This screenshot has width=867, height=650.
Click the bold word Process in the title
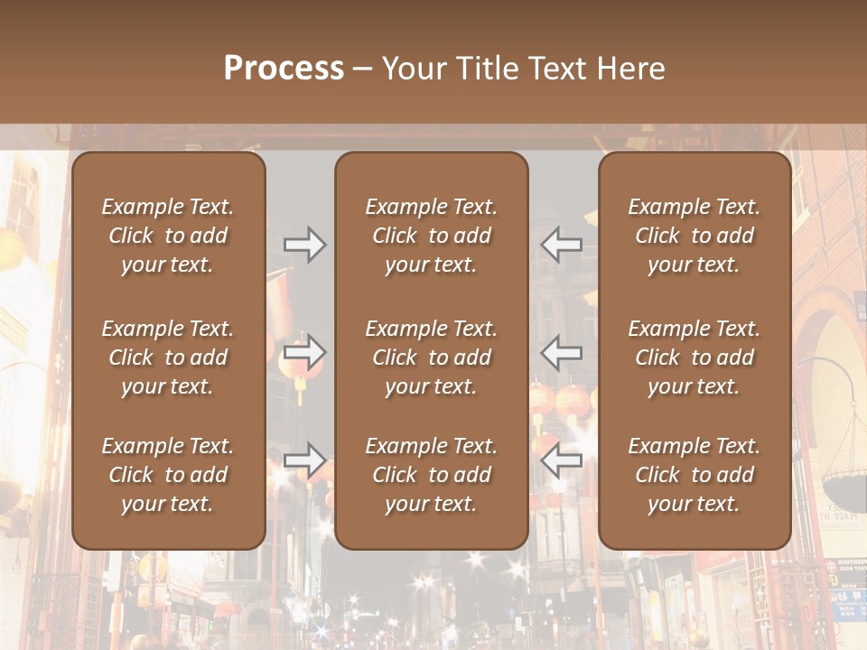pyautogui.click(x=284, y=69)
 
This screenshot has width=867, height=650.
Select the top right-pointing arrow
pyautogui.click(x=305, y=244)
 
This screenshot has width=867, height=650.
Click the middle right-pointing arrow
pyautogui.click(x=305, y=352)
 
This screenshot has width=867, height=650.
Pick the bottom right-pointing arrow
pyautogui.click(x=305, y=460)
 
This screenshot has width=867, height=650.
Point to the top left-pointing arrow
pyautogui.click(x=562, y=244)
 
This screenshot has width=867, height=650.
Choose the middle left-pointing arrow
pyautogui.click(x=562, y=352)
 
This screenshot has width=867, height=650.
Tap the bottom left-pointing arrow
pyautogui.click(x=562, y=460)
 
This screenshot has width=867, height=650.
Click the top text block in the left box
pyautogui.click(x=168, y=236)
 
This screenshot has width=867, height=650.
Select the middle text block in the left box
pyautogui.click(x=168, y=357)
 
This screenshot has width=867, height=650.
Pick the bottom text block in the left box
pyautogui.click(x=168, y=475)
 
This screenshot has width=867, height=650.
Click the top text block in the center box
pyautogui.click(x=432, y=236)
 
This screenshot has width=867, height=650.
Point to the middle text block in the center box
pyautogui.click(x=432, y=357)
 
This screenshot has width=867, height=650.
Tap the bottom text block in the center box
pyautogui.click(x=432, y=475)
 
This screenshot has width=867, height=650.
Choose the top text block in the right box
pyautogui.click(x=695, y=236)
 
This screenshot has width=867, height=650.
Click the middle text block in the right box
pyautogui.click(x=695, y=357)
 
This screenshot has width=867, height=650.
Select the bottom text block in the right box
pyautogui.click(x=695, y=475)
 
